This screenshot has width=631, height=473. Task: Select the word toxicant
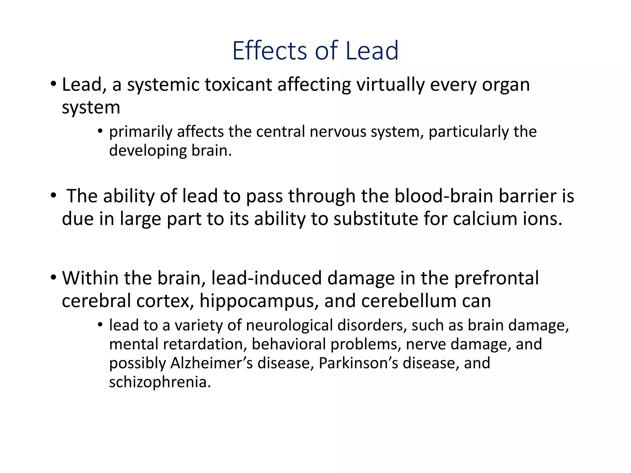click(238, 85)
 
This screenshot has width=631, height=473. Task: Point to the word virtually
click(390, 85)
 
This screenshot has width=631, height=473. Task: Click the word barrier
click(527, 196)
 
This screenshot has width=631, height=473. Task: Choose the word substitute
click(376, 219)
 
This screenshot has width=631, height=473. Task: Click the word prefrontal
click(496, 278)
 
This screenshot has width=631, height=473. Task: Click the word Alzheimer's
click(212, 363)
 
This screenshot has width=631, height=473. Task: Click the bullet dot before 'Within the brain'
click(54, 277)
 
